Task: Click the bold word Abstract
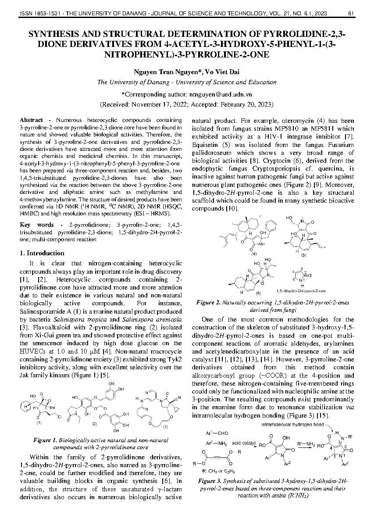click(x=31, y=120)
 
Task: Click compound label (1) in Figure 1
click(x=39, y=423)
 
